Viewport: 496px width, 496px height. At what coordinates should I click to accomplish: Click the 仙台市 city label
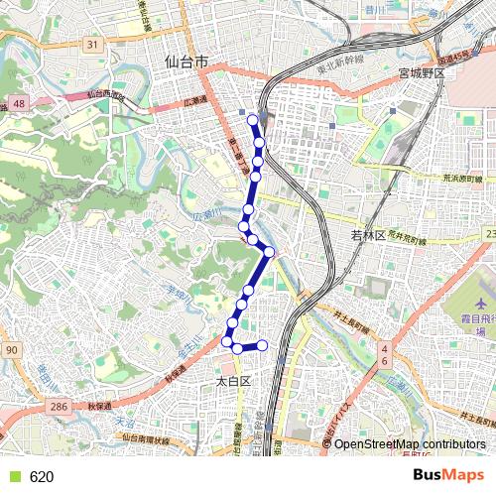click(x=186, y=62)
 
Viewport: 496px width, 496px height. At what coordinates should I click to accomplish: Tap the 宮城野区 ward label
click(x=425, y=74)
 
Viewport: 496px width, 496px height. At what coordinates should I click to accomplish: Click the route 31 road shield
click(x=92, y=45)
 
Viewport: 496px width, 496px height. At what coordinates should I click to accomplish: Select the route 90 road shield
click(x=11, y=350)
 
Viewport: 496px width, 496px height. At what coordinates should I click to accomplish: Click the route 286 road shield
click(x=60, y=407)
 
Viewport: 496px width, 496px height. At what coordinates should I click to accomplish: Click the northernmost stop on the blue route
click(x=253, y=121)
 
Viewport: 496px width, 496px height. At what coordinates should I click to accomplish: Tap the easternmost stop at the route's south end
click(x=263, y=345)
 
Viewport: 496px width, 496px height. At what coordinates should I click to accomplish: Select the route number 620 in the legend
click(x=42, y=477)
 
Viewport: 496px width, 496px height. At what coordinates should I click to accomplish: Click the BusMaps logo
click(x=449, y=476)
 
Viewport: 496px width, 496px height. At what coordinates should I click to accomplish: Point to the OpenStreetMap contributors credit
click(x=410, y=443)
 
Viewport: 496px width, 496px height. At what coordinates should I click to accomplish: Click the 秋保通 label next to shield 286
click(x=96, y=407)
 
